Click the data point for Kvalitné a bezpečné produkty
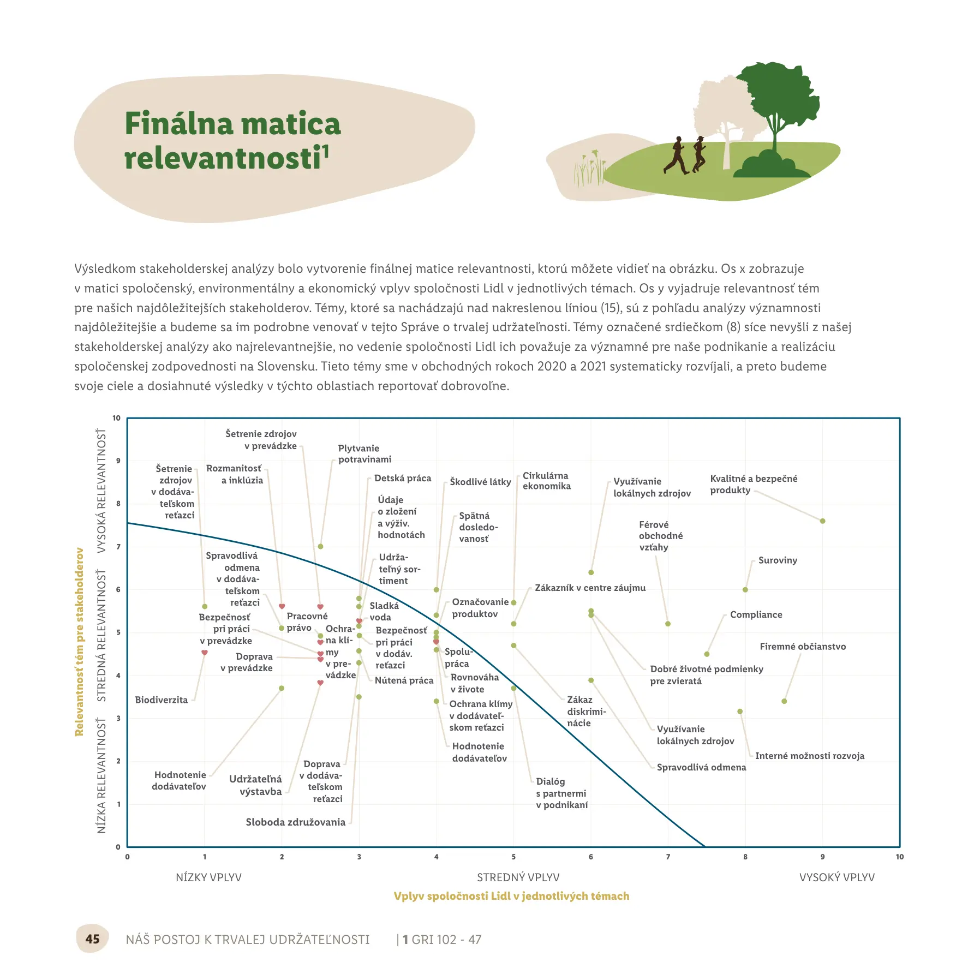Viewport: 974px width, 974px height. [x=822, y=521]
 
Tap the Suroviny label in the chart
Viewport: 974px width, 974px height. [x=777, y=560]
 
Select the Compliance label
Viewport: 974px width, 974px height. [x=756, y=614]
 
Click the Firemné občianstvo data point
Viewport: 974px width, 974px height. [x=784, y=701]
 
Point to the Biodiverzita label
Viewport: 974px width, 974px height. [x=161, y=700]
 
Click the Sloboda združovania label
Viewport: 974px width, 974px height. [x=295, y=822]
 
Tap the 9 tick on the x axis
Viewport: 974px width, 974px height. [x=822, y=857]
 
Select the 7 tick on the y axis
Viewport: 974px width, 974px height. [x=118, y=547]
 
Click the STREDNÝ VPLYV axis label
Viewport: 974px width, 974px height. [x=518, y=877]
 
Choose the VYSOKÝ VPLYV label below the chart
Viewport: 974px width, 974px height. [x=836, y=877]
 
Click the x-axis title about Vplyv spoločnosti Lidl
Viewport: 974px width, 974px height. [x=511, y=896]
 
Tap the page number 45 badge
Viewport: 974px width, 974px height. [x=92, y=939]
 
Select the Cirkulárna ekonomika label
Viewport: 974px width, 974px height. [x=546, y=481]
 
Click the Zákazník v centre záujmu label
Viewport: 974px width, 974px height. [x=589, y=588]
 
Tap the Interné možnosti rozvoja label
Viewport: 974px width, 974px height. [x=809, y=756]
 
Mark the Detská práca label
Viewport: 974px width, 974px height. [x=402, y=478]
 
